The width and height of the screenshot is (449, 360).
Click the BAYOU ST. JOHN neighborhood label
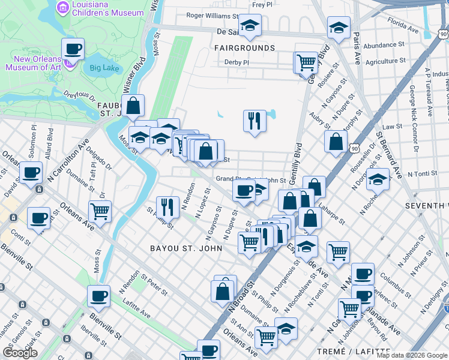pos(182,247)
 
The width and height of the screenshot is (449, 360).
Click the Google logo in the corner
pos(20,353)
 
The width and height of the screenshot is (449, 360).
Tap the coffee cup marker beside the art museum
pos(73,49)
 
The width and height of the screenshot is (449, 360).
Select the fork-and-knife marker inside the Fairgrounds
pos(255,121)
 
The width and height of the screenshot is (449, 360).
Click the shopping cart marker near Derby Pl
pos(306,62)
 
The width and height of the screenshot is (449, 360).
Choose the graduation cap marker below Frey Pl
pos(250,25)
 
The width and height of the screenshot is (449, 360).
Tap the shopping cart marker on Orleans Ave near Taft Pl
pos(100,211)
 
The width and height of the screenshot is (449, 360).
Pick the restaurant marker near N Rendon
pos(167,207)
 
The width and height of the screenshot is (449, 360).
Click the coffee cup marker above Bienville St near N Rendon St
pos(98,296)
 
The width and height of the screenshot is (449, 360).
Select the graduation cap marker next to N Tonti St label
pos(378,179)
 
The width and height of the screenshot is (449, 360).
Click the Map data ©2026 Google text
pos(412,355)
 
